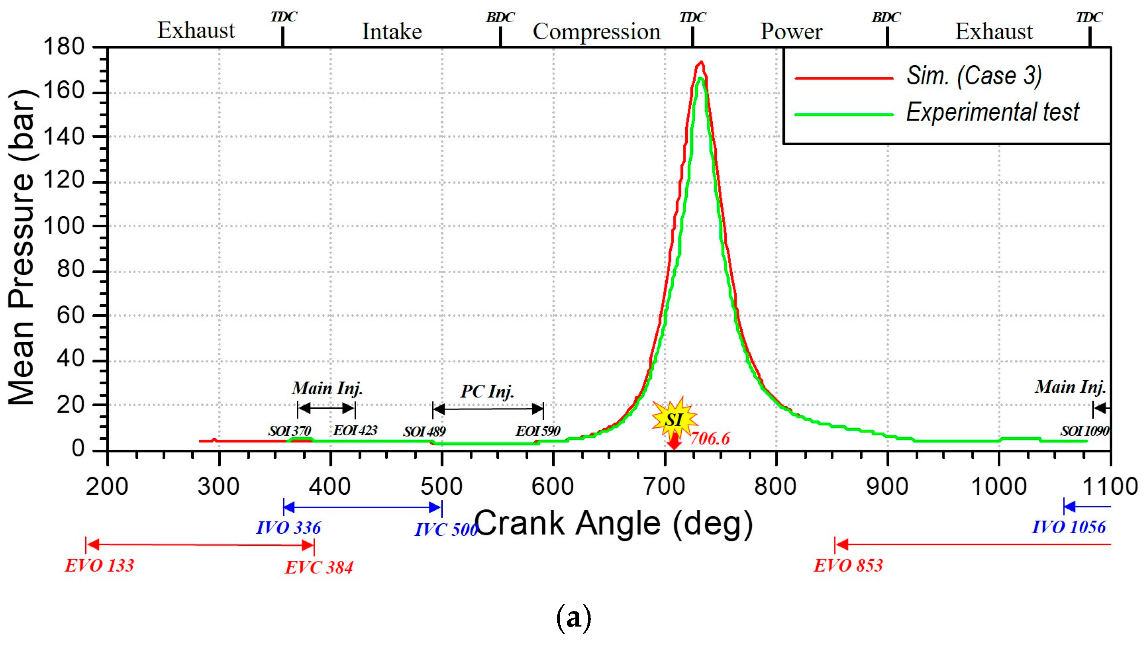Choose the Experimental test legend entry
pyautogui.click(x=992, y=112)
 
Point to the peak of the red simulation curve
pyautogui.click(x=701, y=62)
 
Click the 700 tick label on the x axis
pyautogui.click(x=664, y=487)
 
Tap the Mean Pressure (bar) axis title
pyautogui.click(x=21, y=247)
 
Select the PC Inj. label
pyautogui.click(x=487, y=391)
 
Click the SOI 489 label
pyautogui.click(x=424, y=432)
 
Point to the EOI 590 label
pyautogui.click(x=537, y=431)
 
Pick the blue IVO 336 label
pyautogui.click(x=288, y=528)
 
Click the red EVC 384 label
pyautogui.click(x=319, y=567)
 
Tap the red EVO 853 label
pyautogui.click(x=848, y=566)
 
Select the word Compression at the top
pyautogui.click(x=596, y=32)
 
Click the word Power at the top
pyautogui.click(x=791, y=32)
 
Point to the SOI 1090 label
pyautogui.click(x=1084, y=431)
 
